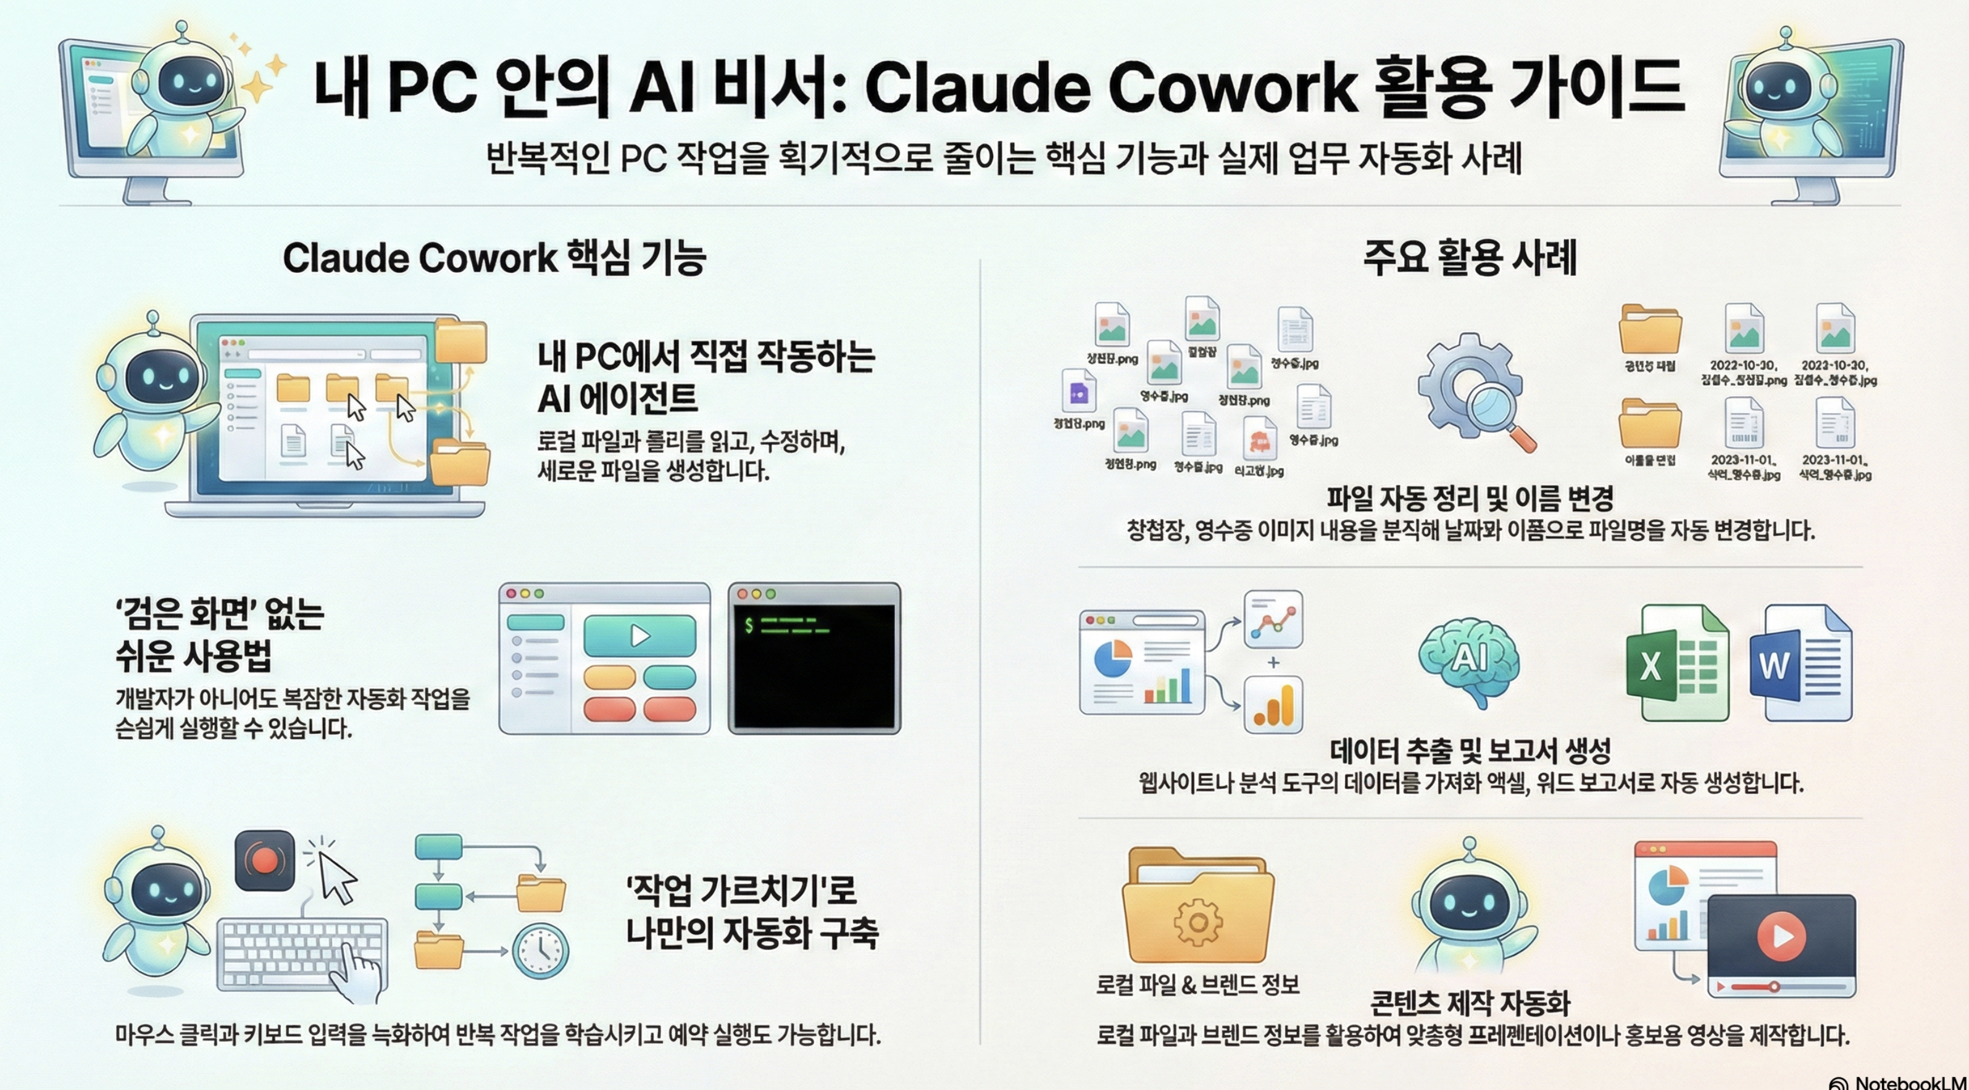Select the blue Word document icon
pyautogui.click(x=1800, y=664)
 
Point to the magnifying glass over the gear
pyautogui.click(x=1498, y=413)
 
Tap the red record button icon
pyautogui.click(x=264, y=860)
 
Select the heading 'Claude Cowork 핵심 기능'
pyautogui.click(x=494, y=259)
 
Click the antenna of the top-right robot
pyautogui.click(x=1786, y=35)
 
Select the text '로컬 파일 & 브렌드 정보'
pyautogui.click(x=1198, y=984)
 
